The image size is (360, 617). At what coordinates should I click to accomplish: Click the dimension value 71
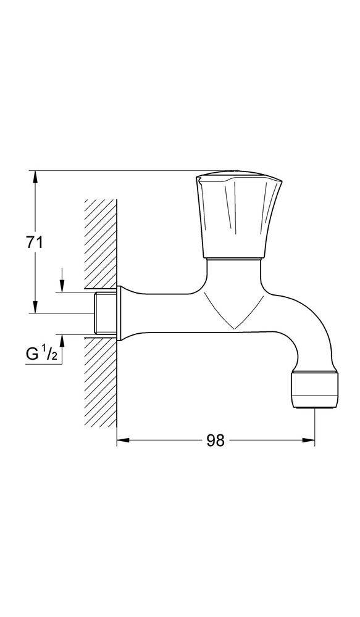(x=35, y=242)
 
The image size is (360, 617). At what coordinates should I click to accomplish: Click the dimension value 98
(x=215, y=441)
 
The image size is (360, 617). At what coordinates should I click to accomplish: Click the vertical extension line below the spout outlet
(x=315, y=426)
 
